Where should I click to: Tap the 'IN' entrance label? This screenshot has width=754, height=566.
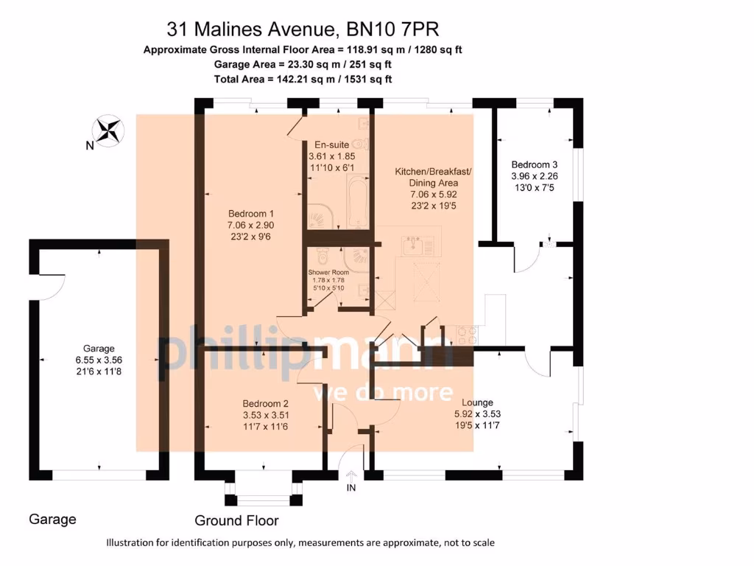pos(350,487)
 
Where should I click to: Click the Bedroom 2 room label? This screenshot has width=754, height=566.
pos(265,404)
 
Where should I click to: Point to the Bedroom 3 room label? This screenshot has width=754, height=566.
pos(530,164)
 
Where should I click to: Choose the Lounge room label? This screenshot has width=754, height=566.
pos(477,402)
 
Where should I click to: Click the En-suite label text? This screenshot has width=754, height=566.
pos(331,144)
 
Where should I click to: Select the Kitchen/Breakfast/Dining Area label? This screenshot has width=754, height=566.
pos(433,177)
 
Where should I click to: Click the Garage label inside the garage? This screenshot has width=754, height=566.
pos(99,349)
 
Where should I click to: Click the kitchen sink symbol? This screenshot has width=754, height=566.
pos(420,245)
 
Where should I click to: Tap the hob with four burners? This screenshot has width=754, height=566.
pos(467,335)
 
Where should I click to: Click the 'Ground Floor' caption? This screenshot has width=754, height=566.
pos(236,521)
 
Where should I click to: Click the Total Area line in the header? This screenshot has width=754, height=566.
pos(303,78)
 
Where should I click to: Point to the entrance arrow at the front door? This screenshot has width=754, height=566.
pos(351,475)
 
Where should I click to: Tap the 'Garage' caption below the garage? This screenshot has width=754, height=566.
pos(52,520)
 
